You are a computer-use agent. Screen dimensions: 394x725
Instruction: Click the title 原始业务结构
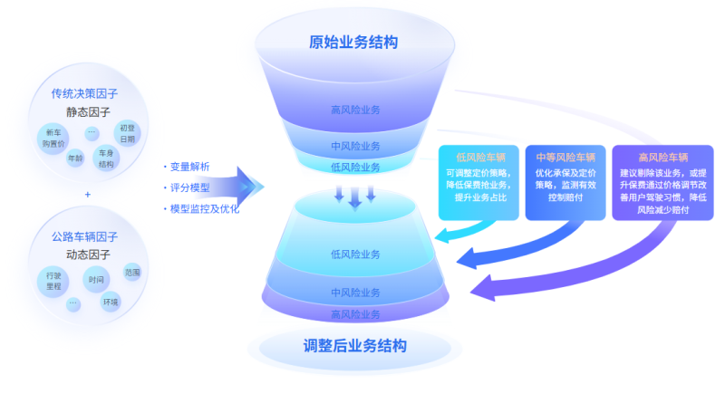tap(353, 43)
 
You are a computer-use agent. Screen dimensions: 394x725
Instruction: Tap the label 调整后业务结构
tap(354, 345)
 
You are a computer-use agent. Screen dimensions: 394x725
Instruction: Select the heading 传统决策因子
tap(85, 94)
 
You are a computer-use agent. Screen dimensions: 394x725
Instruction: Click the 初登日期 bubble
tap(127, 133)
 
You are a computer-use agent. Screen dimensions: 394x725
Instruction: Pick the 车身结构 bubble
tap(106, 159)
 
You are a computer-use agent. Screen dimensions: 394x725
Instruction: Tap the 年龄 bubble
tap(75, 158)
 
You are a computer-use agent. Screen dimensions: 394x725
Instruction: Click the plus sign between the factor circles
tap(88, 194)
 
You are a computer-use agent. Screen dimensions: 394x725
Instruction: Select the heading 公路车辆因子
tap(86, 237)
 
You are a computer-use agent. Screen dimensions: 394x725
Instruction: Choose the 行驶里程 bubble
tap(53, 279)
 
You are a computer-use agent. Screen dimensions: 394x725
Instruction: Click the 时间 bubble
tap(96, 280)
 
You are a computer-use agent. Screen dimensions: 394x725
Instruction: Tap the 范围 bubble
tap(132, 272)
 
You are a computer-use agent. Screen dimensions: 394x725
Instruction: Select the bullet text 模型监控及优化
tap(204, 208)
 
